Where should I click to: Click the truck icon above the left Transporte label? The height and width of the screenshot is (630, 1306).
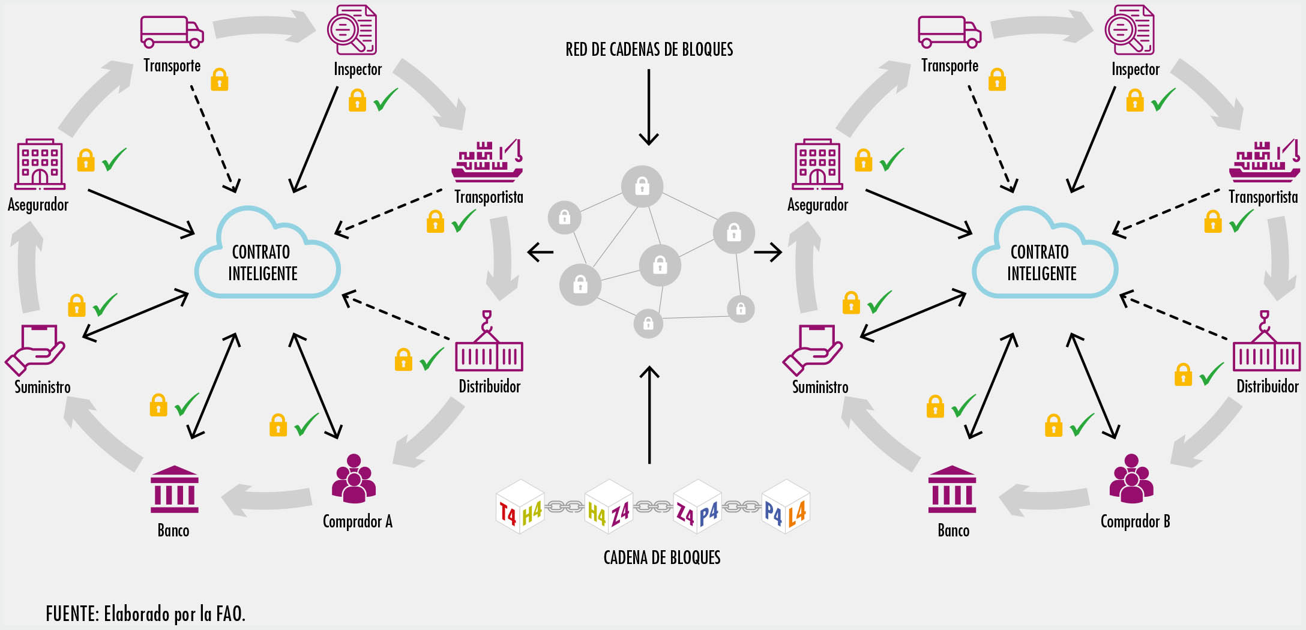[172, 32]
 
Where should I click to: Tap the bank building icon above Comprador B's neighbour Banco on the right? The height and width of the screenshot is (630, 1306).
[952, 489]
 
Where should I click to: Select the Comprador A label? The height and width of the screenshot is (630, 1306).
[357, 521]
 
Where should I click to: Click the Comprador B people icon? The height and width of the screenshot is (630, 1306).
[1131, 478]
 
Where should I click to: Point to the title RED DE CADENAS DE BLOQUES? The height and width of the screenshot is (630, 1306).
[649, 49]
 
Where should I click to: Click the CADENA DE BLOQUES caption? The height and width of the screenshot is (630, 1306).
[661, 557]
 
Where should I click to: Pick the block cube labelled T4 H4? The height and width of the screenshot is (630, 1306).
[520, 508]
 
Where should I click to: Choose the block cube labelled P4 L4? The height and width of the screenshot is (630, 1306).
[786, 508]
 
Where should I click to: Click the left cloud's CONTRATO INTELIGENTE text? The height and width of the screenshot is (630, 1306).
[262, 263]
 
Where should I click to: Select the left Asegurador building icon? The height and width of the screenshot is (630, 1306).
[40, 164]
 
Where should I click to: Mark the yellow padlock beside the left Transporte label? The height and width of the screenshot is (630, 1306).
[219, 80]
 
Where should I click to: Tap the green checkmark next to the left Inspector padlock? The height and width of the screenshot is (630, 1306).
[385, 100]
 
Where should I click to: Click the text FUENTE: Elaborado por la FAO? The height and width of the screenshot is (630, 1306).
[145, 614]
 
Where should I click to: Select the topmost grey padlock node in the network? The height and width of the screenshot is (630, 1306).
[642, 187]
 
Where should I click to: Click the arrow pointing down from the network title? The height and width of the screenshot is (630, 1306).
[649, 108]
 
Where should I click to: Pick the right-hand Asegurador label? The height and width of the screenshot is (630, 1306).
[817, 205]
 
